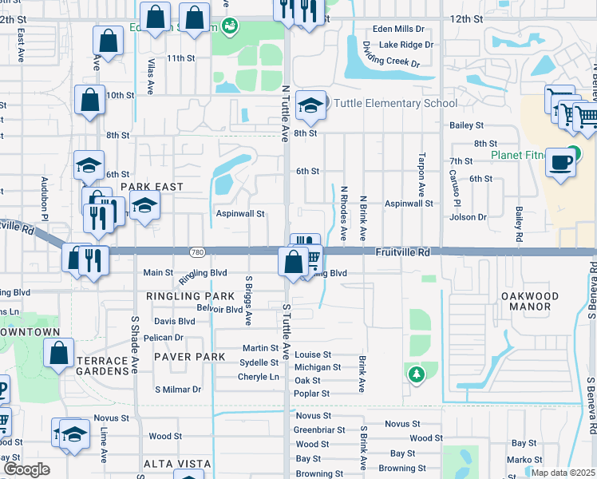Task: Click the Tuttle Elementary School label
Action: click(395, 103)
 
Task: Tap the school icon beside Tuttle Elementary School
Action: click(310, 103)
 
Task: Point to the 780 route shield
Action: click(197, 252)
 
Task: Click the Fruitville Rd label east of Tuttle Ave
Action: click(402, 252)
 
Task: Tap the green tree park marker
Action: click(415, 373)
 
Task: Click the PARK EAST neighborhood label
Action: click(152, 187)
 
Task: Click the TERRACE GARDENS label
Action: click(103, 366)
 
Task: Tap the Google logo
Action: click(26, 469)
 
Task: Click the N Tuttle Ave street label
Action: click(285, 113)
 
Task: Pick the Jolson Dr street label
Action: click(469, 217)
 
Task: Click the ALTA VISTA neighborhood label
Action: click(177, 464)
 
